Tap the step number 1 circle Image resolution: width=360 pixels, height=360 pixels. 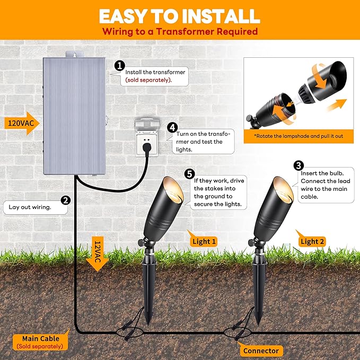click(x=120, y=66)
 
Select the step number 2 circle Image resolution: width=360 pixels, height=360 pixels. click(x=66, y=200)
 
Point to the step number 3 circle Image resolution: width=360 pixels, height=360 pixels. click(x=298, y=166)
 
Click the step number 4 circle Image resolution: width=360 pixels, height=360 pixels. click(x=172, y=128)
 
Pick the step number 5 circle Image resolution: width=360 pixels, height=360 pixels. click(x=190, y=173)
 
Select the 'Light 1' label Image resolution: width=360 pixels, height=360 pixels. click(x=204, y=242)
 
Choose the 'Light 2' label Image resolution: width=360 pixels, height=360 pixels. click(x=313, y=242)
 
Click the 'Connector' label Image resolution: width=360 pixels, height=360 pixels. click(x=260, y=350)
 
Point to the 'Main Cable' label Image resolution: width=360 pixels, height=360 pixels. click(x=41, y=338)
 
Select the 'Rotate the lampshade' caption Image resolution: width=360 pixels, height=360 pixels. click(x=299, y=136)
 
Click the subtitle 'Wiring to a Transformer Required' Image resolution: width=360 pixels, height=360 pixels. click(x=180, y=32)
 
